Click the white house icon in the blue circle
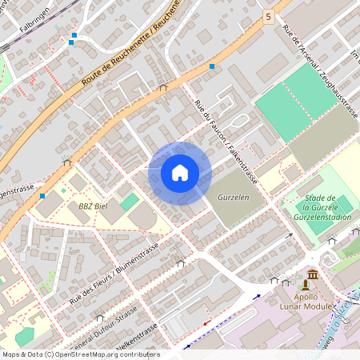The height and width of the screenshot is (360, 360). (x=180, y=173)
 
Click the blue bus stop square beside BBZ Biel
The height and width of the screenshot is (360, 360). (x=42, y=194)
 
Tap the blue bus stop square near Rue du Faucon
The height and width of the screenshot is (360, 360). (x=212, y=66)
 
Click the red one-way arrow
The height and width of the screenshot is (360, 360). (x=206, y=323)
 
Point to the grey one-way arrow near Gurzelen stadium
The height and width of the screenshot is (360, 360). (x=290, y=236)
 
